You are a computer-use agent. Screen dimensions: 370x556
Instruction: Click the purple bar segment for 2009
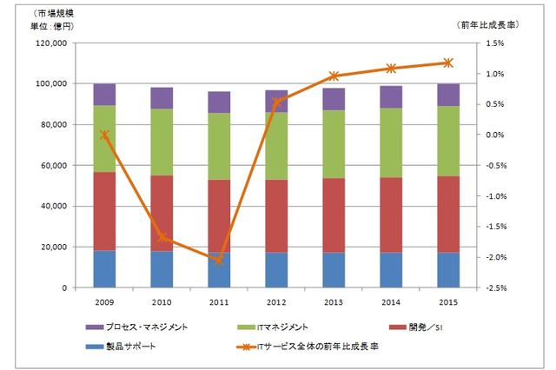coord(104,95)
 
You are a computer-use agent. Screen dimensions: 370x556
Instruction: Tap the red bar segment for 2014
coord(391,215)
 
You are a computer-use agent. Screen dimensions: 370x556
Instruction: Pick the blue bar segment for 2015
coord(448,270)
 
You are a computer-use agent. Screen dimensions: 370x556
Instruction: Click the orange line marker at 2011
coord(218,260)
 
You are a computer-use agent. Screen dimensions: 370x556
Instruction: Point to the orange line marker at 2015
coord(448,63)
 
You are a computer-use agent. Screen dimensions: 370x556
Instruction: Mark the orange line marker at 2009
coord(104,135)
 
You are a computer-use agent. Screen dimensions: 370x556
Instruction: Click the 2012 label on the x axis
coord(276,301)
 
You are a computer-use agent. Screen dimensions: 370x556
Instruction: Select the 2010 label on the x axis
coord(162,301)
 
